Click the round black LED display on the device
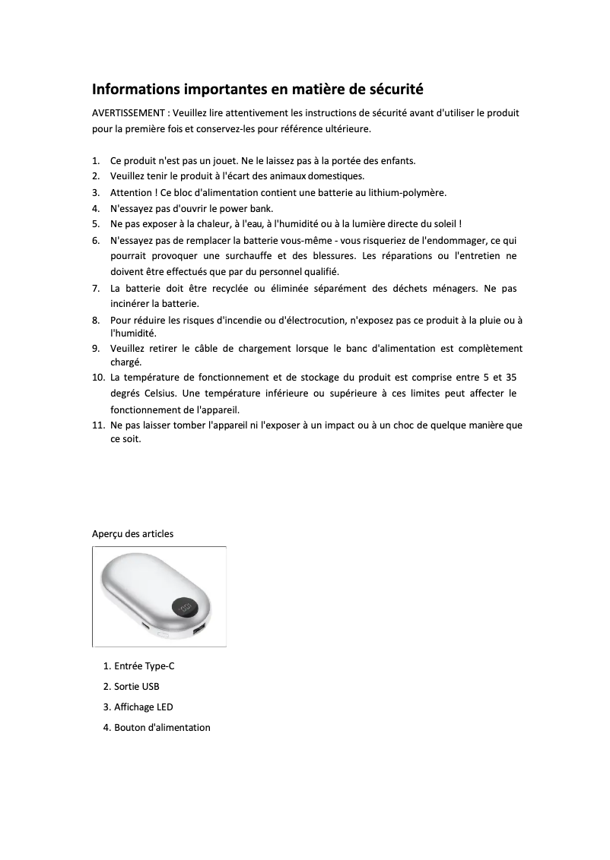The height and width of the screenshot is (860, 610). [x=185, y=607]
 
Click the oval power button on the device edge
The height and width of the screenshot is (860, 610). [x=163, y=634]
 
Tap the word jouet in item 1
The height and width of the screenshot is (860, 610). [x=221, y=161]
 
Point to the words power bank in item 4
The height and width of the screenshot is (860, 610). [x=249, y=207]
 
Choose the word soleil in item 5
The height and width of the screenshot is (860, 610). [x=445, y=223]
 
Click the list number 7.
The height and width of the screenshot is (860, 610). [x=96, y=289]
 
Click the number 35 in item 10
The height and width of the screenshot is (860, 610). [x=511, y=378]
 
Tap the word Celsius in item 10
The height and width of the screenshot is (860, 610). [x=160, y=393]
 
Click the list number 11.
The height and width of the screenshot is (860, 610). [x=98, y=425]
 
